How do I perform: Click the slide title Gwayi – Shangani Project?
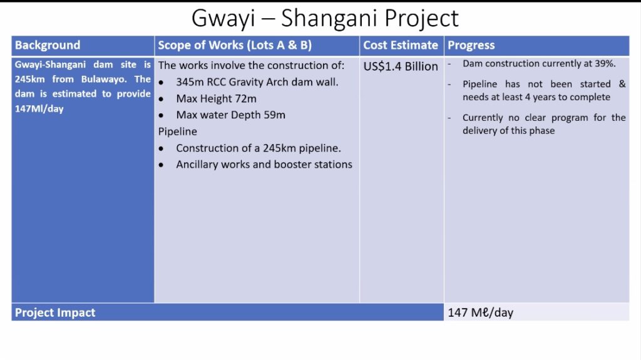(325, 18)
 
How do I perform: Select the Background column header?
(48, 45)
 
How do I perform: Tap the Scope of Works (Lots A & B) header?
(235, 45)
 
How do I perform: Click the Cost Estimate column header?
(401, 45)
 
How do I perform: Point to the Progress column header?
(471, 46)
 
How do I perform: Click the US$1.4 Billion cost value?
(401, 66)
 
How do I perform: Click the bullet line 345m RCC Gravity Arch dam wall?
(257, 82)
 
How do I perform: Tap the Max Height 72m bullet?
(216, 98)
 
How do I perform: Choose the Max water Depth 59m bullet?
(230, 115)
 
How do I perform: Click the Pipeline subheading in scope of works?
(177, 131)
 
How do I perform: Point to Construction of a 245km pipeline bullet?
(259, 148)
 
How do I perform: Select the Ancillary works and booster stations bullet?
(264, 164)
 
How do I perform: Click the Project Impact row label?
(55, 312)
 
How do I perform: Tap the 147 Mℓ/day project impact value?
(480, 312)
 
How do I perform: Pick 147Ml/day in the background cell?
(39, 109)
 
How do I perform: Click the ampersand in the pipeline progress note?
(622, 84)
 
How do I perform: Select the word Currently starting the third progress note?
(483, 118)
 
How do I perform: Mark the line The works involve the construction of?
(252, 66)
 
